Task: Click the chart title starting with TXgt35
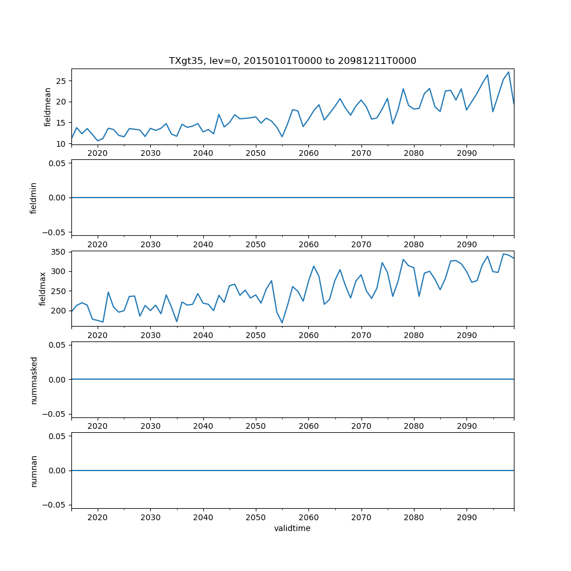292,61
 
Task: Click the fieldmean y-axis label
48,107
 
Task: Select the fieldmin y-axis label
34,198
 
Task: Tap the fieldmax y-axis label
42,288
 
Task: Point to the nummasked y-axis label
34,380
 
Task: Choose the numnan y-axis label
34,471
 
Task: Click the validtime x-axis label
292,528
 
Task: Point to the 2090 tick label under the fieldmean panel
467,153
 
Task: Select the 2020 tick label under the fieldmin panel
98,244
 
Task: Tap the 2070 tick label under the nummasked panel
361,426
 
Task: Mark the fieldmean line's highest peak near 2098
508,73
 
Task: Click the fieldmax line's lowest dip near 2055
282,323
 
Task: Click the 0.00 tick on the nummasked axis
58,380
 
